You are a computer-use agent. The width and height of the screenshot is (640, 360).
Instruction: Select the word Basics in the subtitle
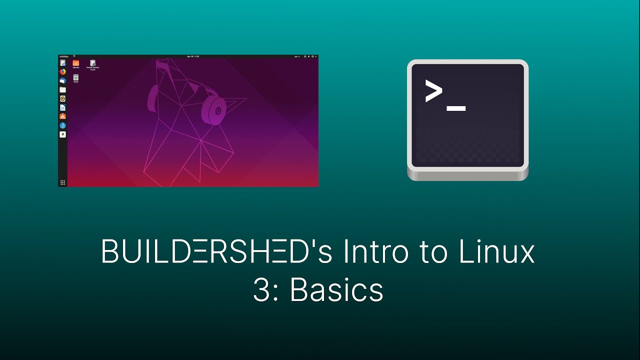[x=336, y=290]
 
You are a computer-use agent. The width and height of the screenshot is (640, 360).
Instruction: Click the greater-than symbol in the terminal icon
[x=433, y=90]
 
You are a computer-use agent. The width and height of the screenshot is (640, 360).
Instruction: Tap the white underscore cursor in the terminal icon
[x=456, y=108]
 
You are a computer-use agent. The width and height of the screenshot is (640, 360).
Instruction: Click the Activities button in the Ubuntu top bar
[x=63, y=56]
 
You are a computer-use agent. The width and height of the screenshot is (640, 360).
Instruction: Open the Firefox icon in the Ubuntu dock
[x=62, y=71]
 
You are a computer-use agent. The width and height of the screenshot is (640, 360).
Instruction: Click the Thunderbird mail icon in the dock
[x=62, y=80]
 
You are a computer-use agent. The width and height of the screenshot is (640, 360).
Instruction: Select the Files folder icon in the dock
[x=62, y=89]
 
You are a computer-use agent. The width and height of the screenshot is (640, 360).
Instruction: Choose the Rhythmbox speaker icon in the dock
[x=62, y=98]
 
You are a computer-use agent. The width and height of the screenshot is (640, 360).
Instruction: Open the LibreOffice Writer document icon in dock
[x=62, y=107]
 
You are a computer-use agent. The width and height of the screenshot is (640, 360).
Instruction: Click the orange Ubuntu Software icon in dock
[x=62, y=116]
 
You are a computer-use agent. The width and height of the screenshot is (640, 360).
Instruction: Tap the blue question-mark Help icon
[x=62, y=125]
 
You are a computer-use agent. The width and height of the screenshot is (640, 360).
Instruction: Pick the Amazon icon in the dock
[x=62, y=134]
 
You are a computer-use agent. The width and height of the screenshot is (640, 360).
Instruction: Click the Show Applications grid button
[x=62, y=182]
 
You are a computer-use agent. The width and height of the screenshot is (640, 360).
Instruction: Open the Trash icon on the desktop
[x=75, y=78]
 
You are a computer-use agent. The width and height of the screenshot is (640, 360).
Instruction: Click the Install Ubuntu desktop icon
[x=92, y=64]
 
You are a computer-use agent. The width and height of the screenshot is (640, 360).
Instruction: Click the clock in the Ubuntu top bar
[x=193, y=56]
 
